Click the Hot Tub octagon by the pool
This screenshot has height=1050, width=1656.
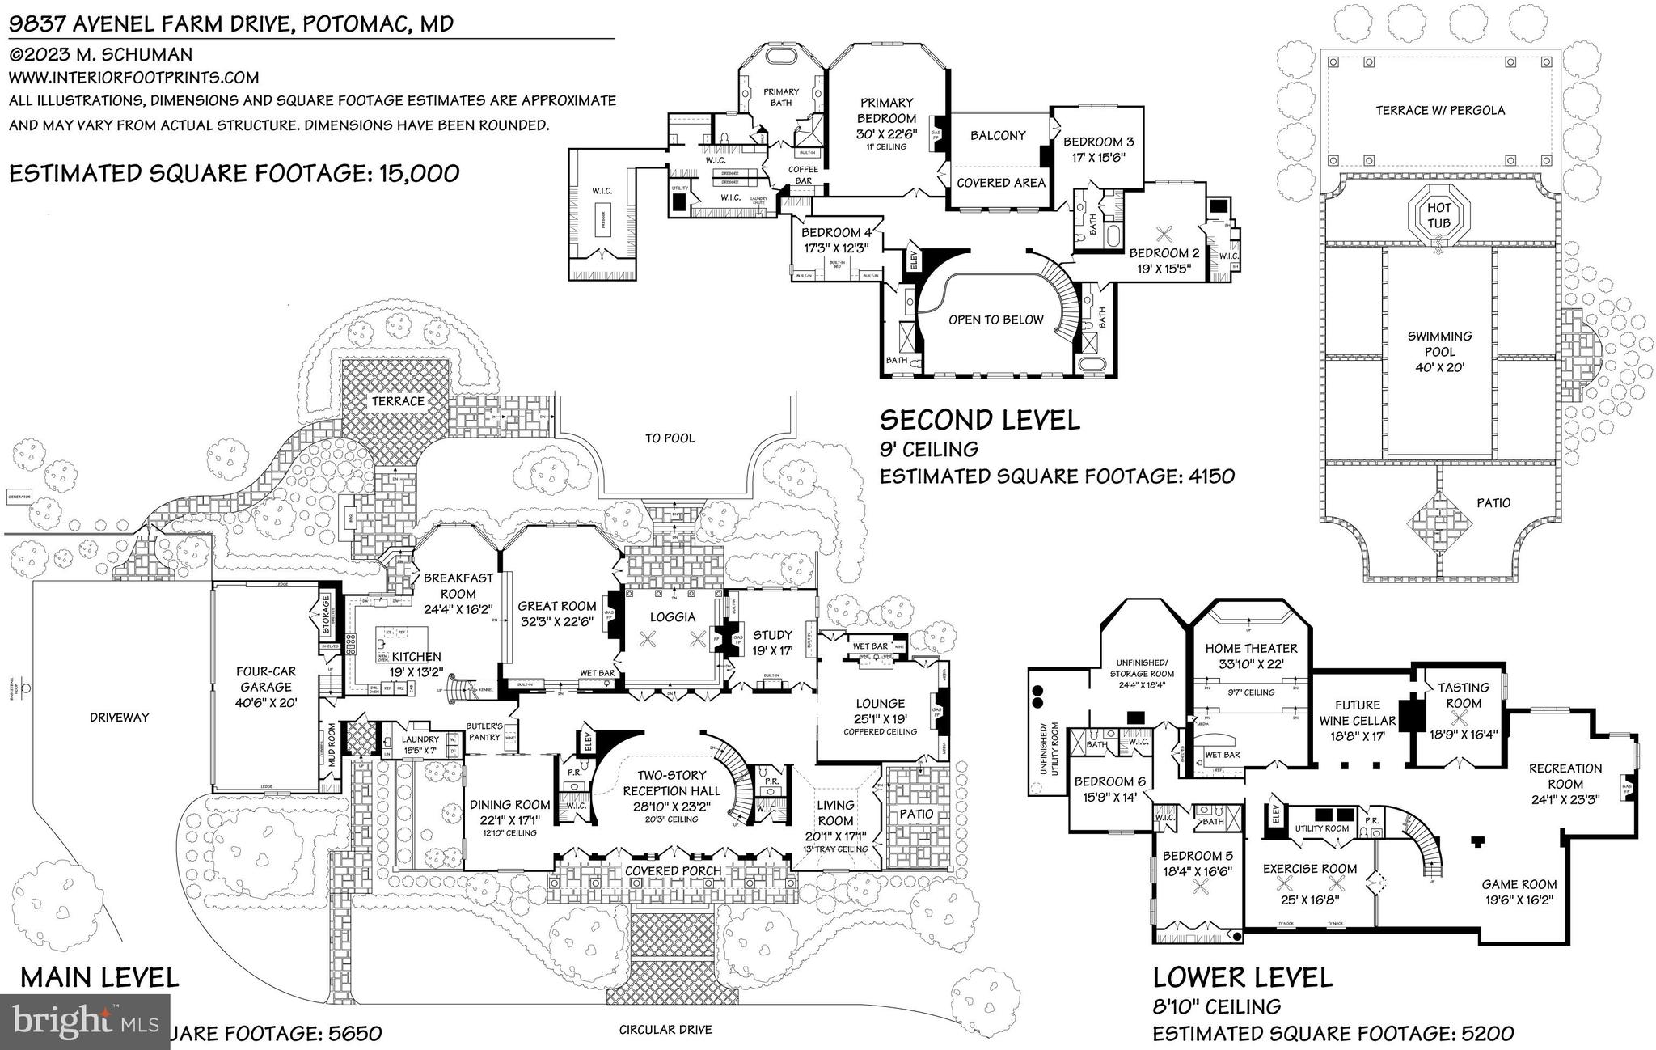[x=1438, y=215]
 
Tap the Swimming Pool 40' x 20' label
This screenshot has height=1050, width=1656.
[x=1439, y=352]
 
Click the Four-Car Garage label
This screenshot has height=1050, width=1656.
[x=265, y=687]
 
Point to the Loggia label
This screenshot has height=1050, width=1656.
[x=673, y=616]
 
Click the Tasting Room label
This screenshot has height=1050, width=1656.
[x=1463, y=695]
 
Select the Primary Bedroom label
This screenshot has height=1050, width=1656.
[x=886, y=117]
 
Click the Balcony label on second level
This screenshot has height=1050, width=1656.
[x=998, y=136]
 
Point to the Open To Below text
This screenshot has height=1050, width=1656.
[x=996, y=320]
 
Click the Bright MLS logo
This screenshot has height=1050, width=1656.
[x=85, y=1022]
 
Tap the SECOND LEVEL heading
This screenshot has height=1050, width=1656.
[x=979, y=419]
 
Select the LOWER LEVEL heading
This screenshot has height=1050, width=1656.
[x=1242, y=977]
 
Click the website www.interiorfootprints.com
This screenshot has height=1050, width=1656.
[x=134, y=78]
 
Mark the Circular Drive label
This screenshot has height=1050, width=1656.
[x=665, y=1030]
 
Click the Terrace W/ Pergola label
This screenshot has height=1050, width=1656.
[x=1440, y=110]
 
